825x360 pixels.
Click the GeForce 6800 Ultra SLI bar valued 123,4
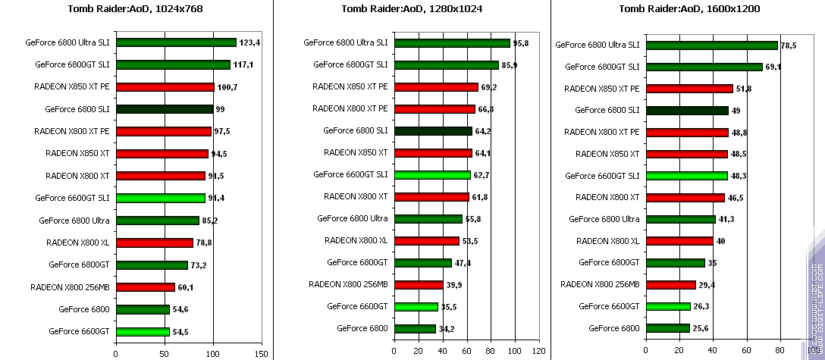tap(176, 42)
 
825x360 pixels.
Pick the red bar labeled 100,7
tap(165, 87)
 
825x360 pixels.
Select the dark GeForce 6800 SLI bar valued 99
tap(164, 109)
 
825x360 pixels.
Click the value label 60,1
tap(187, 287)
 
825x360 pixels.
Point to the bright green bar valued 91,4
tap(160, 198)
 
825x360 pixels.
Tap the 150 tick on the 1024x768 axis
tap(262, 353)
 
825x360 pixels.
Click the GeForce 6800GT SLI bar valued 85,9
tap(446, 65)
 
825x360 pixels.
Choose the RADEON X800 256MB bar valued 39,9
tap(418, 285)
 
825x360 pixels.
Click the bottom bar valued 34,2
tap(415, 329)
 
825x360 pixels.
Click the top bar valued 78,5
tap(711, 45)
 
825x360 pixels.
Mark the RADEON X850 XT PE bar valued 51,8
tap(689, 89)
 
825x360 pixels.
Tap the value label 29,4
tap(707, 285)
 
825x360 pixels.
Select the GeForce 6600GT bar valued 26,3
tap(667, 306)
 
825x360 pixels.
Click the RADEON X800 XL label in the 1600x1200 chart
tap(607, 241)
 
